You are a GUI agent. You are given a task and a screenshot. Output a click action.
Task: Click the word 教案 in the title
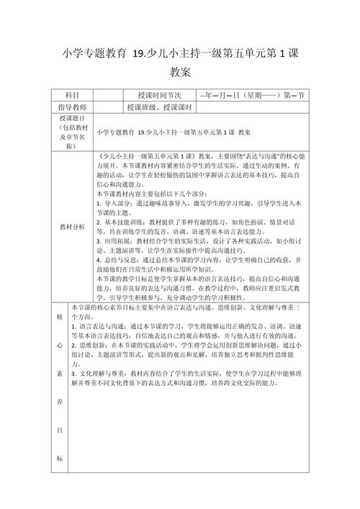point(180,72)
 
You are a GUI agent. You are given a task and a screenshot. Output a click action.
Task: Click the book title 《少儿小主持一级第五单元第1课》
point(148,155)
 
